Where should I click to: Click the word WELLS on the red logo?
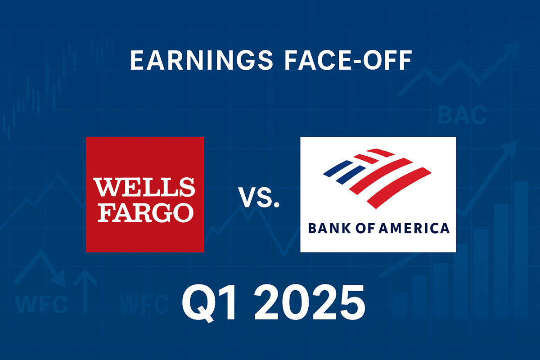click(x=144, y=187)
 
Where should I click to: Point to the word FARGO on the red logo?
click(x=144, y=211)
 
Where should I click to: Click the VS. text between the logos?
click(x=258, y=198)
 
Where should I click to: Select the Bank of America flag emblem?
click(x=378, y=175)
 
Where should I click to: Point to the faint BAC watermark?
click(x=462, y=116)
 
